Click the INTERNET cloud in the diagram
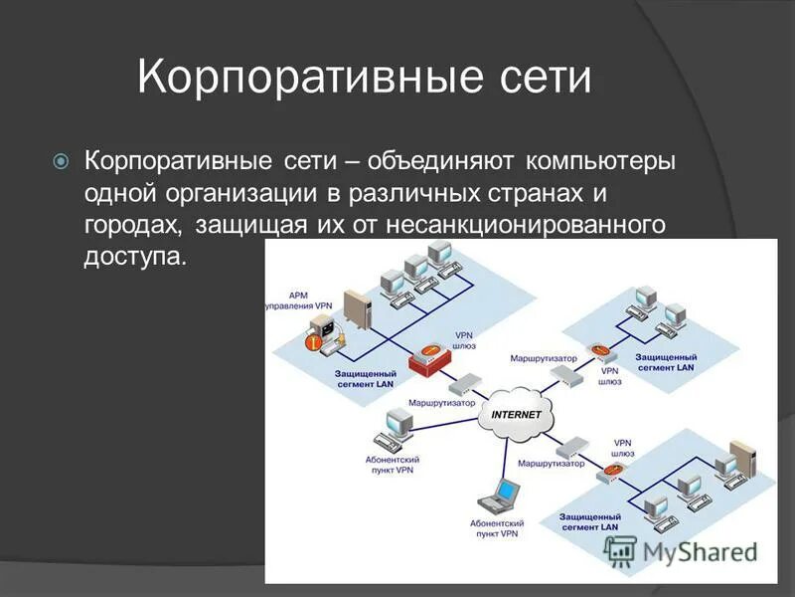(x=516, y=417)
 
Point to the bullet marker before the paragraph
(x=61, y=160)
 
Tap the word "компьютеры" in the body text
(x=600, y=159)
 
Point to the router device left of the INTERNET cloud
(x=462, y=384)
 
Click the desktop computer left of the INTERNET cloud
(x=397, y=425)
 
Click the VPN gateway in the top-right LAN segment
(x=598, y=352)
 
